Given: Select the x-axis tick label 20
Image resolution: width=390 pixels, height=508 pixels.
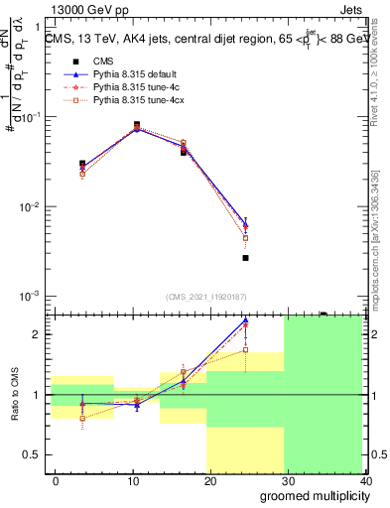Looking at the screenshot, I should tap(210, 481).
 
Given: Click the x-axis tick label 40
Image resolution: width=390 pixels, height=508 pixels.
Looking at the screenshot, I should tap(365, 481).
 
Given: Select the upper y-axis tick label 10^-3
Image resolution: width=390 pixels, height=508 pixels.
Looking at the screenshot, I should tap(31, 297).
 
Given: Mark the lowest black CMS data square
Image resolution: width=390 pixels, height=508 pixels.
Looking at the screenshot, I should tap(245, 258).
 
